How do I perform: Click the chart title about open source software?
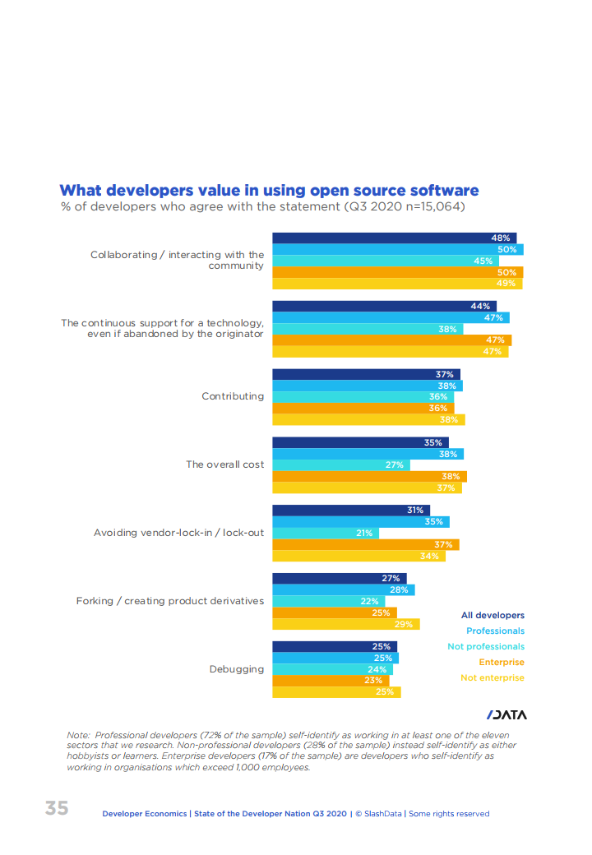[x=269, y=191]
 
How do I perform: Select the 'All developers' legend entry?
[x=493, y=615]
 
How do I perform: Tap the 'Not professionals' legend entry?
[x=485, y=646]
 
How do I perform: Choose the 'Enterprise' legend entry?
[x=502, y=662]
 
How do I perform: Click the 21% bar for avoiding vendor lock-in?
[x=325, y=533]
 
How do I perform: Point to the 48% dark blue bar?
[x=394, y=238]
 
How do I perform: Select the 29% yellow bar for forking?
[x=345, y=624]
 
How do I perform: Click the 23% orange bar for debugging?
[x=329, y=680]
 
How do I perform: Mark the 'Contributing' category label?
[x=233, y=396]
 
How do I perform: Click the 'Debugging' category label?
[x=237, y=669]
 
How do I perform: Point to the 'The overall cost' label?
[x=224, y=464]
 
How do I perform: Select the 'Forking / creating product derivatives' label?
[x=170, y=601]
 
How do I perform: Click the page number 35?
[x=57, y=808]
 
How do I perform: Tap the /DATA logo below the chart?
[x=506, y=714]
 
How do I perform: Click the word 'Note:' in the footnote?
[x=78, y=734]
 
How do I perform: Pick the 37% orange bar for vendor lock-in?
[x=365, y=544]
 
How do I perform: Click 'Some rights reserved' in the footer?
[x=449, y=814]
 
